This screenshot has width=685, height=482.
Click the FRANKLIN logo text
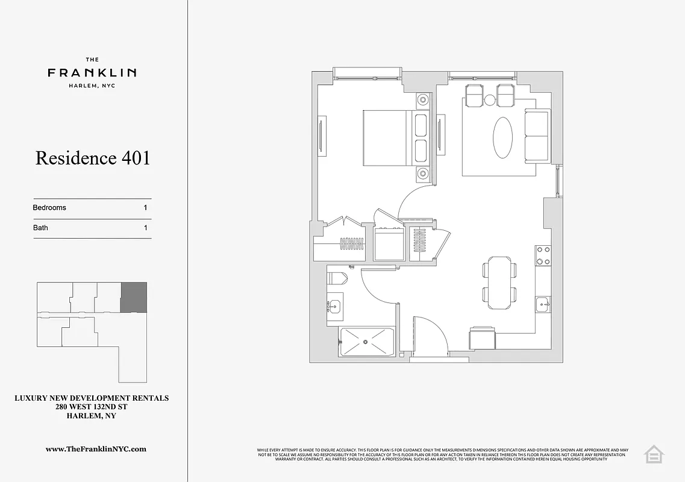click(x=92, y=73)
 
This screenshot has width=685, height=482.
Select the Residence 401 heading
click(x=93, y=158)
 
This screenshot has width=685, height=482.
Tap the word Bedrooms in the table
click(x=49, y=208)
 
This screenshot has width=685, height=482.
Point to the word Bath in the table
click(x=40, y=228)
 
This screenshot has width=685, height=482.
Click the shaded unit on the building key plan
click(x=134, y=297)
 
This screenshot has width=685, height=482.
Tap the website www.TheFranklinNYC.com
click(x=96, y=449)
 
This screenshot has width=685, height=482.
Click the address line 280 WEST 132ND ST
click(x=91, y=407)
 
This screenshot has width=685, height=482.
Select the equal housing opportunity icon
click(x=653, y=454)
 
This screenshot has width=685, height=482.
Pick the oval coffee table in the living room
click(x=504, y=137)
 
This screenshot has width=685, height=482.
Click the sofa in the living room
click(x=537, y=136)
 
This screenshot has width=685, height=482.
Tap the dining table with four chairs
click(x=499, y=283)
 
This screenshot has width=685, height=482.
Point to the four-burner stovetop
click(x=543, y=255)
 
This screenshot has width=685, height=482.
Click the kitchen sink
click(x=543, y=305)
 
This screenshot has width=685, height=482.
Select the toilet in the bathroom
click(x=337, y=278)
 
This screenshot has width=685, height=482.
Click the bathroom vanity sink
click(x=334, y=306)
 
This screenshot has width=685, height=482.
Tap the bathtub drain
click(x=366, y=342)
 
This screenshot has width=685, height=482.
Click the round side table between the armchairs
click(x=490, y=100)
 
